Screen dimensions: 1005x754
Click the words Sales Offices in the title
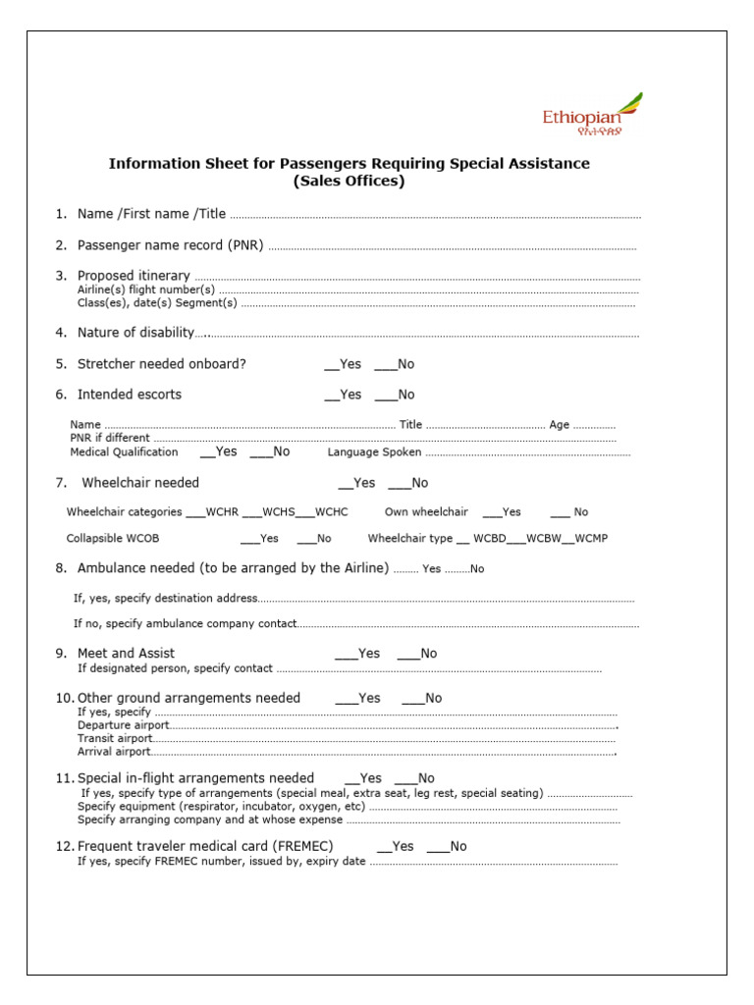point(349,182)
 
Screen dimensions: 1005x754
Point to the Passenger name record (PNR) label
point(170,245)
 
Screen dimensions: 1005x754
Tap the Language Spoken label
point(374,452)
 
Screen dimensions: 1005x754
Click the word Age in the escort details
point(559,425)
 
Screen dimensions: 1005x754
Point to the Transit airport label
point(115,738)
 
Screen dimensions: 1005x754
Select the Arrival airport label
point(114,752)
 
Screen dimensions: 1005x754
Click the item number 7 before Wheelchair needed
point(60,483)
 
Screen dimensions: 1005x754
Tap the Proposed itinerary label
point(134,276)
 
